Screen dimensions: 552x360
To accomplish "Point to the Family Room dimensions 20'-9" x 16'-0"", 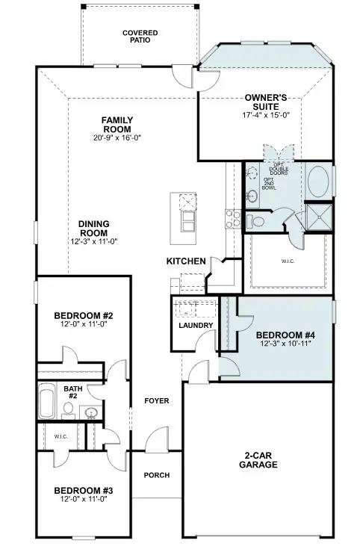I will click(117, 137).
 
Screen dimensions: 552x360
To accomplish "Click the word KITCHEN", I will click(186, 261).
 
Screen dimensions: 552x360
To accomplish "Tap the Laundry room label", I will click(196, 326).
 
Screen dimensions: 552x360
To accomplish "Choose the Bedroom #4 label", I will click(283, 335).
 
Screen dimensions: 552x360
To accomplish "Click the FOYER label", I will click(157, 401).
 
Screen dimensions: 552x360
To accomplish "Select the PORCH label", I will click(157, 475).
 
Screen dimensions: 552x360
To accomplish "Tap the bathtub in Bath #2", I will click(46, 403).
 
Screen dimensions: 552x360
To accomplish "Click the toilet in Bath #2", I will click(68, 408).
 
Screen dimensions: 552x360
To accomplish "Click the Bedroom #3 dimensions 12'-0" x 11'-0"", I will click(83, 499).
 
